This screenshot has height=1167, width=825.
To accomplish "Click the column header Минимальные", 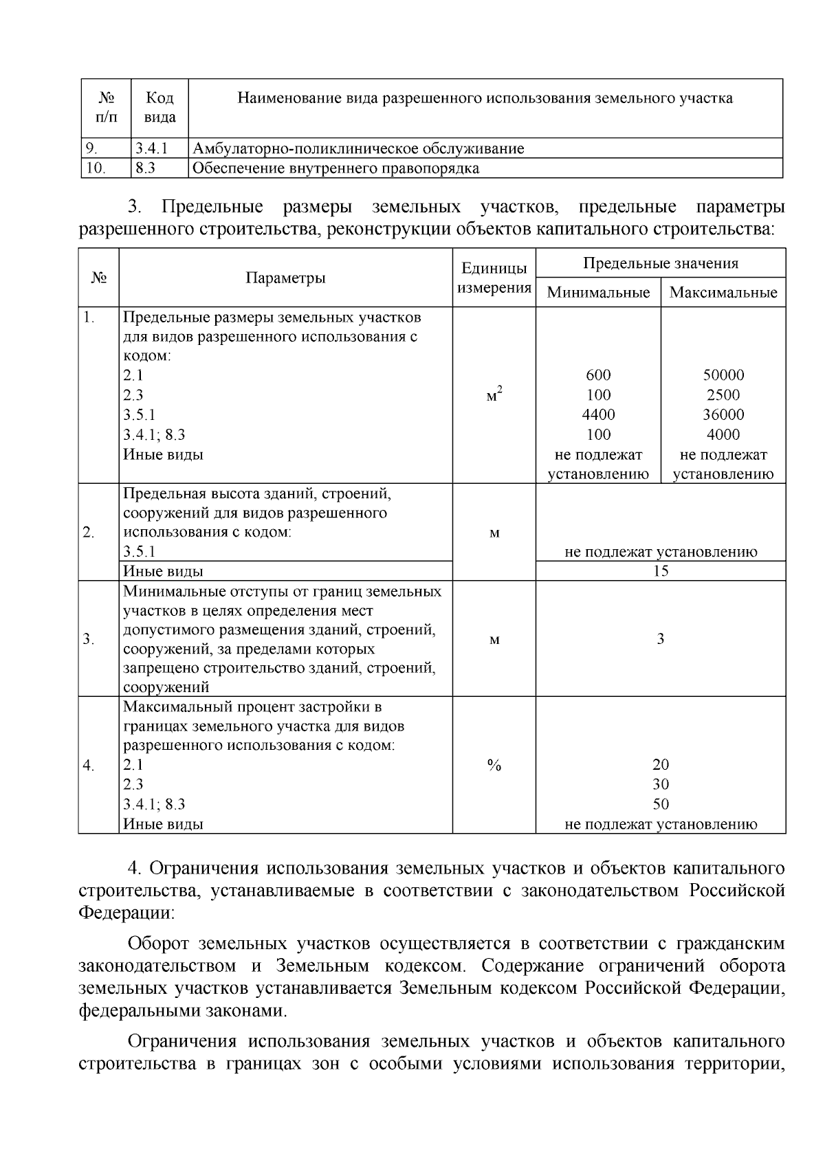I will tap(598, 293).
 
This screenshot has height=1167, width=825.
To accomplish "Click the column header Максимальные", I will tap(723, 293).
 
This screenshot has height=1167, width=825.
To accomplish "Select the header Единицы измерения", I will tap(494, 278).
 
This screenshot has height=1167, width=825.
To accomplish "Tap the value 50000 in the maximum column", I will tap(723, 375).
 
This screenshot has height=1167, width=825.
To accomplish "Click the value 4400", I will tap(598, 414).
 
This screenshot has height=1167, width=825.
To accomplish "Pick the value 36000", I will tap(723, 414).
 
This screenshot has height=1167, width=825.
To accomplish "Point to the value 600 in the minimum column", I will tap(598, 375).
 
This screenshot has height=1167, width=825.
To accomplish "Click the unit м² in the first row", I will tap(494, 395).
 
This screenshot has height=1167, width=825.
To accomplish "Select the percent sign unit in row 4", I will tap(494, 766).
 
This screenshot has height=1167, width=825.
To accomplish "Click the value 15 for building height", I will tap(660, 571).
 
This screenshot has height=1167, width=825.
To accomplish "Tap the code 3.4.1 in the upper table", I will tap(151, 148).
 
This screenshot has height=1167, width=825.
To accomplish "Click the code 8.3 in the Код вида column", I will tap(145, 168).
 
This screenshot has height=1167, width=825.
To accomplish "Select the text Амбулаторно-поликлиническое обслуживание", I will tap(357, 148).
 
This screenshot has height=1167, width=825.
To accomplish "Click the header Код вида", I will tap(159, 108).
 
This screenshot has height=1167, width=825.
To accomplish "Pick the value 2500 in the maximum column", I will tap(723, 395).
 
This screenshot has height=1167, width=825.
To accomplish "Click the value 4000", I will tap(723, 434).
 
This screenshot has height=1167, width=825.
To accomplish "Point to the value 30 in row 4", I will tap(660, 785).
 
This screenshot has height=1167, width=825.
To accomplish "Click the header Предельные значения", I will tap(660, 263).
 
